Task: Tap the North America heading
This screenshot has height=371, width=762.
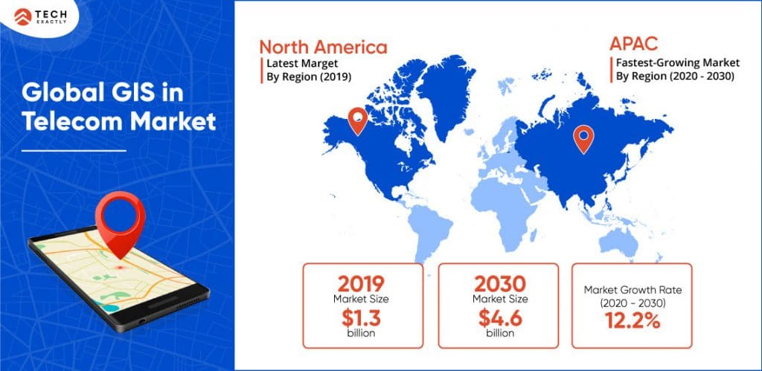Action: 323,47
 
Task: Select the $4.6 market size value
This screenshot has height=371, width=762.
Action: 499,318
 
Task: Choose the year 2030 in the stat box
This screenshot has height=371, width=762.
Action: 499,285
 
